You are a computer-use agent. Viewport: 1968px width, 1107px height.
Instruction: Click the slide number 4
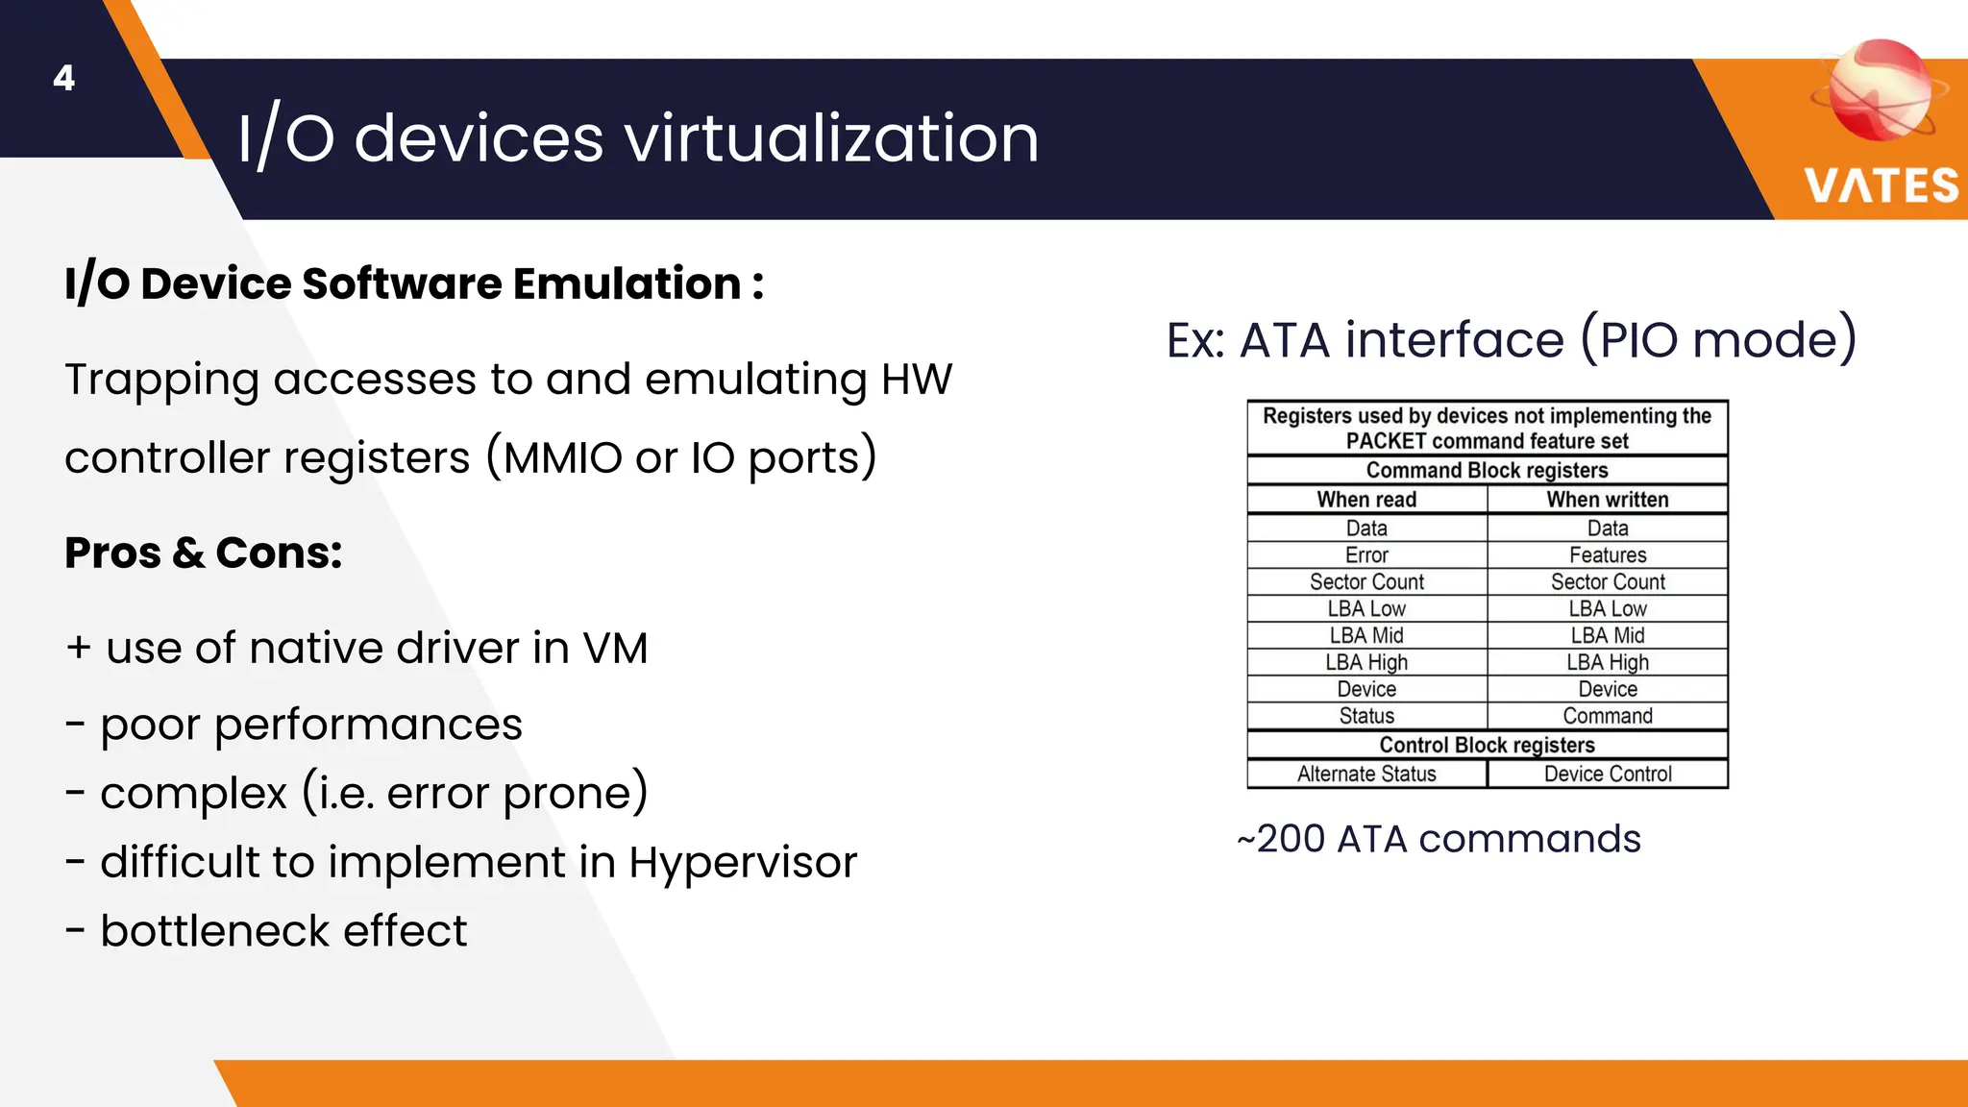click(63, 78)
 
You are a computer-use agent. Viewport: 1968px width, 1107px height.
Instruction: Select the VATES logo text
click(1881, 185)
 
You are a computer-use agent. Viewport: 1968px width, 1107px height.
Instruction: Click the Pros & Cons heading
click(203, 553)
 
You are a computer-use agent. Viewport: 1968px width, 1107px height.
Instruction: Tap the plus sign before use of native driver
click(79, 648)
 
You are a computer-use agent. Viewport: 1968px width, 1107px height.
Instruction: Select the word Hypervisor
click(742, 862)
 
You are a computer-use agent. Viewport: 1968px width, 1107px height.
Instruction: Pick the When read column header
click(1365, 500)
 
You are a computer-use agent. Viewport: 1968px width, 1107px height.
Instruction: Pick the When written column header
click(1607, 500)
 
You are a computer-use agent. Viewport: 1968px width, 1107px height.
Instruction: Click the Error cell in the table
click(1365, 555)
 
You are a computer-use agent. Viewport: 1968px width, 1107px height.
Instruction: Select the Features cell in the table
click(1607, 555)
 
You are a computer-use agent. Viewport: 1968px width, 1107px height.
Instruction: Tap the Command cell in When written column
click(1607, 716)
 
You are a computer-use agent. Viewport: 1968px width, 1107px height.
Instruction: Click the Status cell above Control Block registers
click(1365, 716)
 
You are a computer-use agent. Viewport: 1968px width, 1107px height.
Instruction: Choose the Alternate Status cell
click(1365, 775)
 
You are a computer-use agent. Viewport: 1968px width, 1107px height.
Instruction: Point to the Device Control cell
click(1607, 775)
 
